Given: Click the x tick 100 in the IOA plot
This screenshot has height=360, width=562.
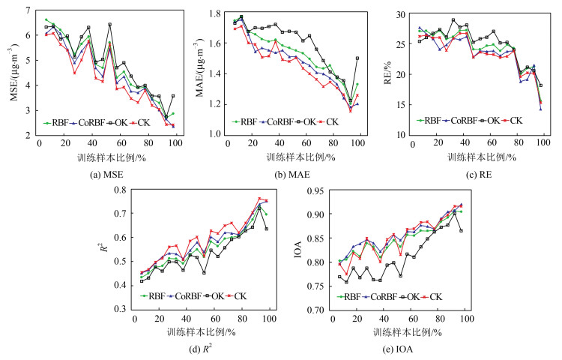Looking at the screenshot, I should tap(465, 319).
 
